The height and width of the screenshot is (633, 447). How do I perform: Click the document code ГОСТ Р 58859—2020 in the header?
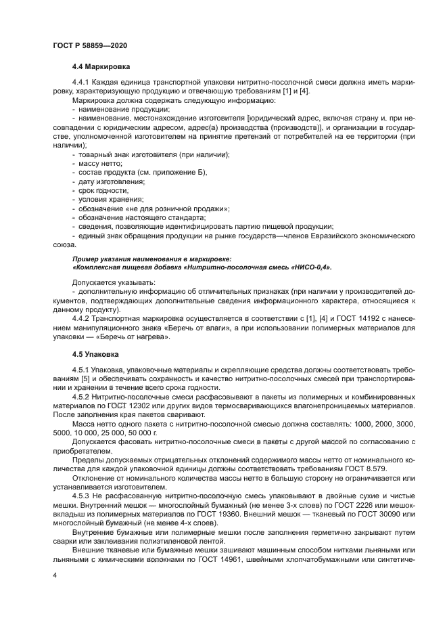[x=89, y=45]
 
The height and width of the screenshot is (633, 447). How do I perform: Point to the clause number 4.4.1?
[x=81, y=82]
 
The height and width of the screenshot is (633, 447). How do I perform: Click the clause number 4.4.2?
[x=81, y=318]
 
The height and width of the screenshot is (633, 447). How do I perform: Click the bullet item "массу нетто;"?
[x=100, y=164]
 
